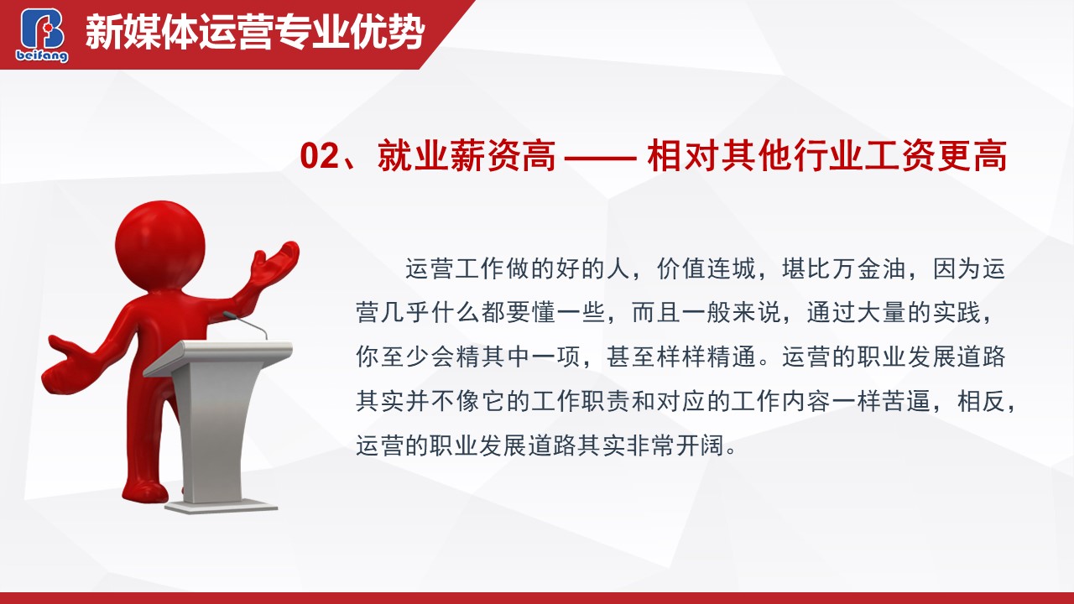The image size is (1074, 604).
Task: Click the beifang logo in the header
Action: (x=42, y=35)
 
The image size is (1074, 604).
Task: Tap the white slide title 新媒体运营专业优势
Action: (x=255, y=33)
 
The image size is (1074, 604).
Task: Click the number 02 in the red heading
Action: (x=320, y=155)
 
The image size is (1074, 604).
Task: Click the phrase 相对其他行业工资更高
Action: (x=827, y=155)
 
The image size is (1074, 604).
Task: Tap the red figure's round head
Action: (x=160, y=244)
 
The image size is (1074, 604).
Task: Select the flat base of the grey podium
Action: (x=221, y=506)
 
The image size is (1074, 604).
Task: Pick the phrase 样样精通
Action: (x=706, y=357)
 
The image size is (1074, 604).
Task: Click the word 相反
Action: (x=982, y=401)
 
